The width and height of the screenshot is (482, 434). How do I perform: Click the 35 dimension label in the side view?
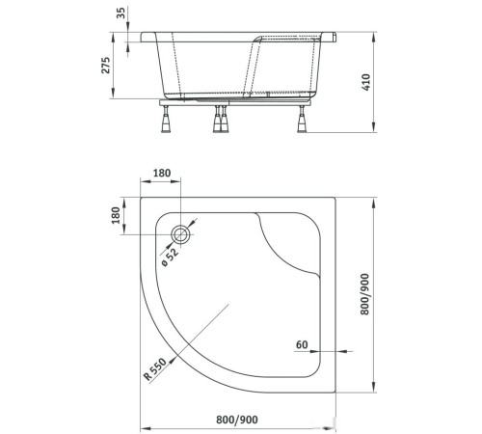pos(120,14)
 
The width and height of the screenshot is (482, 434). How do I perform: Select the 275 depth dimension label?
pos(107,65)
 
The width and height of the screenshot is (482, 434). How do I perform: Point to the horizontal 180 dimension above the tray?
pos(162,175)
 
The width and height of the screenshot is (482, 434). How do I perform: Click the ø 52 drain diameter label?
pos(170,255)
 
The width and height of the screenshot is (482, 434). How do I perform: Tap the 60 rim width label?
pos(301,343)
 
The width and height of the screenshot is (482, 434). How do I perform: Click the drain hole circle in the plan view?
pos(181,233)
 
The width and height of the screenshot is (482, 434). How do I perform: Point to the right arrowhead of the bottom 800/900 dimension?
pos(344,428)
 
